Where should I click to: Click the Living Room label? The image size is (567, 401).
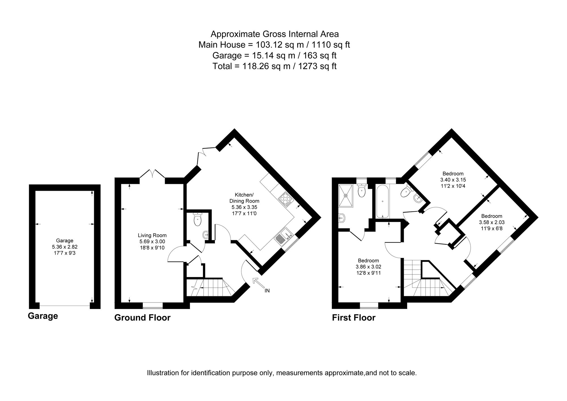pyautogui.click(x=152, y=235)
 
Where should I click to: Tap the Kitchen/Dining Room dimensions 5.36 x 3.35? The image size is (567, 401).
pyautogui.click(x=244, y=207)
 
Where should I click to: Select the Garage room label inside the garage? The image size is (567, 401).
pyautogui.click(x=65, y=241)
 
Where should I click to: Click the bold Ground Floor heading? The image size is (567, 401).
pyautogui.click(x=142, y=318)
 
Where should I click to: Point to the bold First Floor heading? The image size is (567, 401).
pyautogui.click(x=354, y=318)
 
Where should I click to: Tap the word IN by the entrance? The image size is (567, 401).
pyautogui.click(x=267, y=291)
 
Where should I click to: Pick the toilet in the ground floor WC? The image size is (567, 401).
pyautogui.click(x=197, y=219)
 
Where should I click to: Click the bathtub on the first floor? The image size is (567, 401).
pyautogui.click(x=383, y=201)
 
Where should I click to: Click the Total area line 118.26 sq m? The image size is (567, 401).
pyautogui.click(x=274, y=66)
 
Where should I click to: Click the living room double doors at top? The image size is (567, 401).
pyautogui.click(x=152, y=173)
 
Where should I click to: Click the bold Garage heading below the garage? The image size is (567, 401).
pyautogui.click(x=43, y=316)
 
